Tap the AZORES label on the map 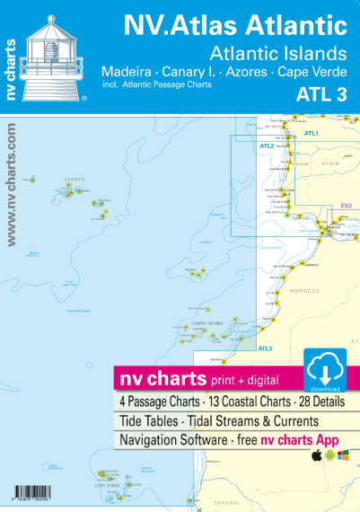point(75,179)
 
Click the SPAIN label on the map point(331,163)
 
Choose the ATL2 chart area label point(267,146)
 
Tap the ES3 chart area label point(345,207)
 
